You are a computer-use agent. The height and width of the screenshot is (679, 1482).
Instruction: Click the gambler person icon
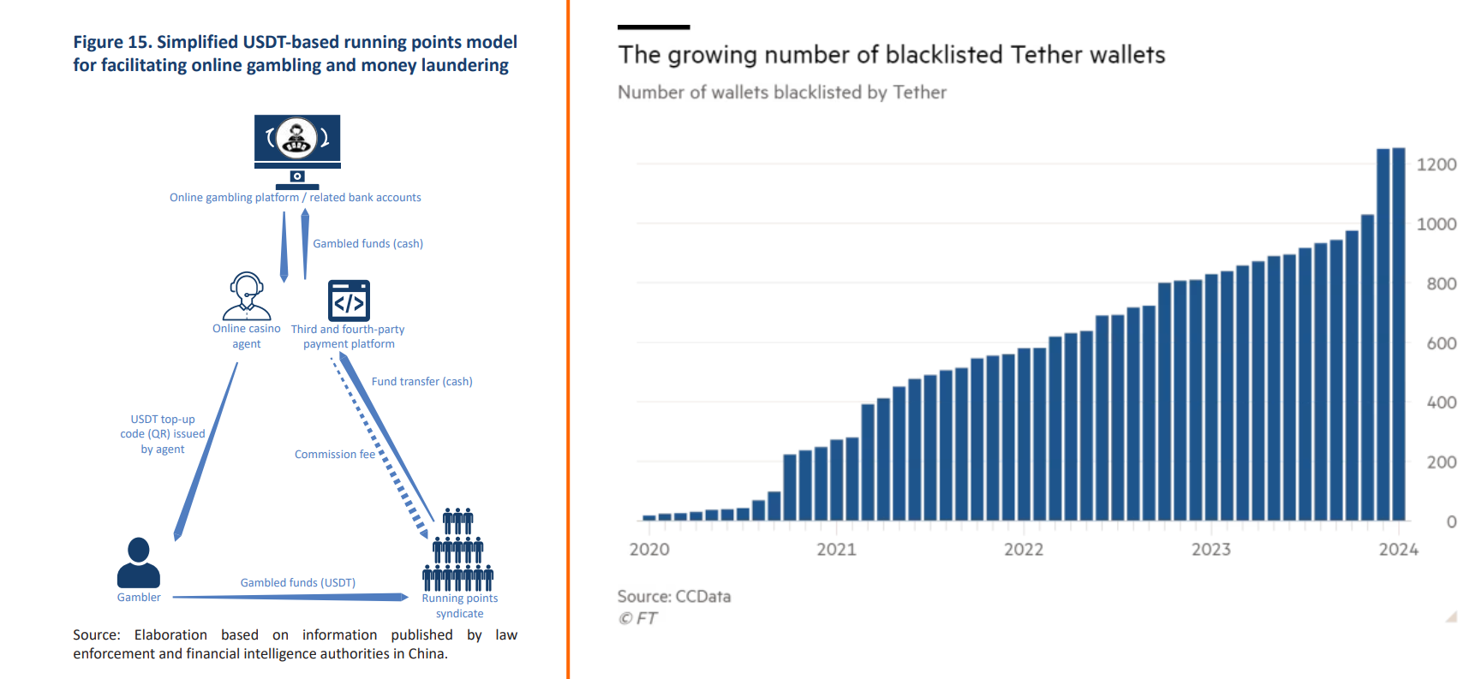(x=138, y=563)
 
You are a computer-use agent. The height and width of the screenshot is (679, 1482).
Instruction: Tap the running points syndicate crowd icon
(x=458, y=550)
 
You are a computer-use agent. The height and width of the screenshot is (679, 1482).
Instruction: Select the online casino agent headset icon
(x=247, y=296)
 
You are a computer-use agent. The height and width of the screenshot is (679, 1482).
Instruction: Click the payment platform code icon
(x=349, y=301)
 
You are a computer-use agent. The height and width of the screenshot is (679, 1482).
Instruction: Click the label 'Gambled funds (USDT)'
(x=297, y=583)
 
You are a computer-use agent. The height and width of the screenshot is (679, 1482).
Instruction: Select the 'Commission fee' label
(x=334, y=455)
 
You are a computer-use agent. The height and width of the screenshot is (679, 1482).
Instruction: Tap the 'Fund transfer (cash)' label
(x=421, y=382)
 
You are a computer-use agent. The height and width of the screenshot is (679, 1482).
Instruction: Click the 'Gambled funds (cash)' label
(x=368, y=244)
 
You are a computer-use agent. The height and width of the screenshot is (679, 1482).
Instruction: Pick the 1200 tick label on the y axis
(x=1436, y=164)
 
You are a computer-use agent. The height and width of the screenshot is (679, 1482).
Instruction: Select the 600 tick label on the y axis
(x=1441, y=343)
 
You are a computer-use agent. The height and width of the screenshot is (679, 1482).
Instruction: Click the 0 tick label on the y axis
(x=1451, y=521)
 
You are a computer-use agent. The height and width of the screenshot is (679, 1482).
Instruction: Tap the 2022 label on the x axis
(x=1024, y=550)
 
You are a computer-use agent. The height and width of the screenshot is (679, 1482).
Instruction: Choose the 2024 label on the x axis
(x=1398, y=550)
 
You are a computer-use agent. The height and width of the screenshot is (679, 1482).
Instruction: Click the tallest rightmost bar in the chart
(x=1398, y=334)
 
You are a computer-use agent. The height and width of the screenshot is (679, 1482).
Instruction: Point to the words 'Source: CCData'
(x=674, y=597)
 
